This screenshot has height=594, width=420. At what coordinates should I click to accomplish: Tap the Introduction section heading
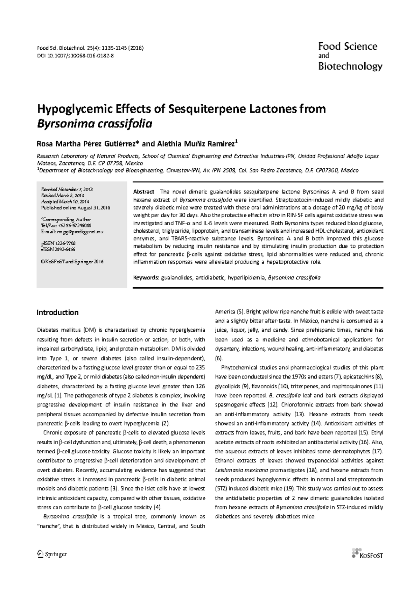coord(57,312)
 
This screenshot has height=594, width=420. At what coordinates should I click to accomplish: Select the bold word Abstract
coord(143,192)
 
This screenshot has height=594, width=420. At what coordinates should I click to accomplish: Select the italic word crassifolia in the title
coord(125,123)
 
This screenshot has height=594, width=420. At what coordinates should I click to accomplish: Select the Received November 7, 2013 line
coord(67,189)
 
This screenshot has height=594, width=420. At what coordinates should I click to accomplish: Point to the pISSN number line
coord(58,243)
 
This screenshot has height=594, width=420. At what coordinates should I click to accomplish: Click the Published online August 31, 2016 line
coord(76,208)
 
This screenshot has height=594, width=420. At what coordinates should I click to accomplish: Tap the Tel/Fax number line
coord(66,226)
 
